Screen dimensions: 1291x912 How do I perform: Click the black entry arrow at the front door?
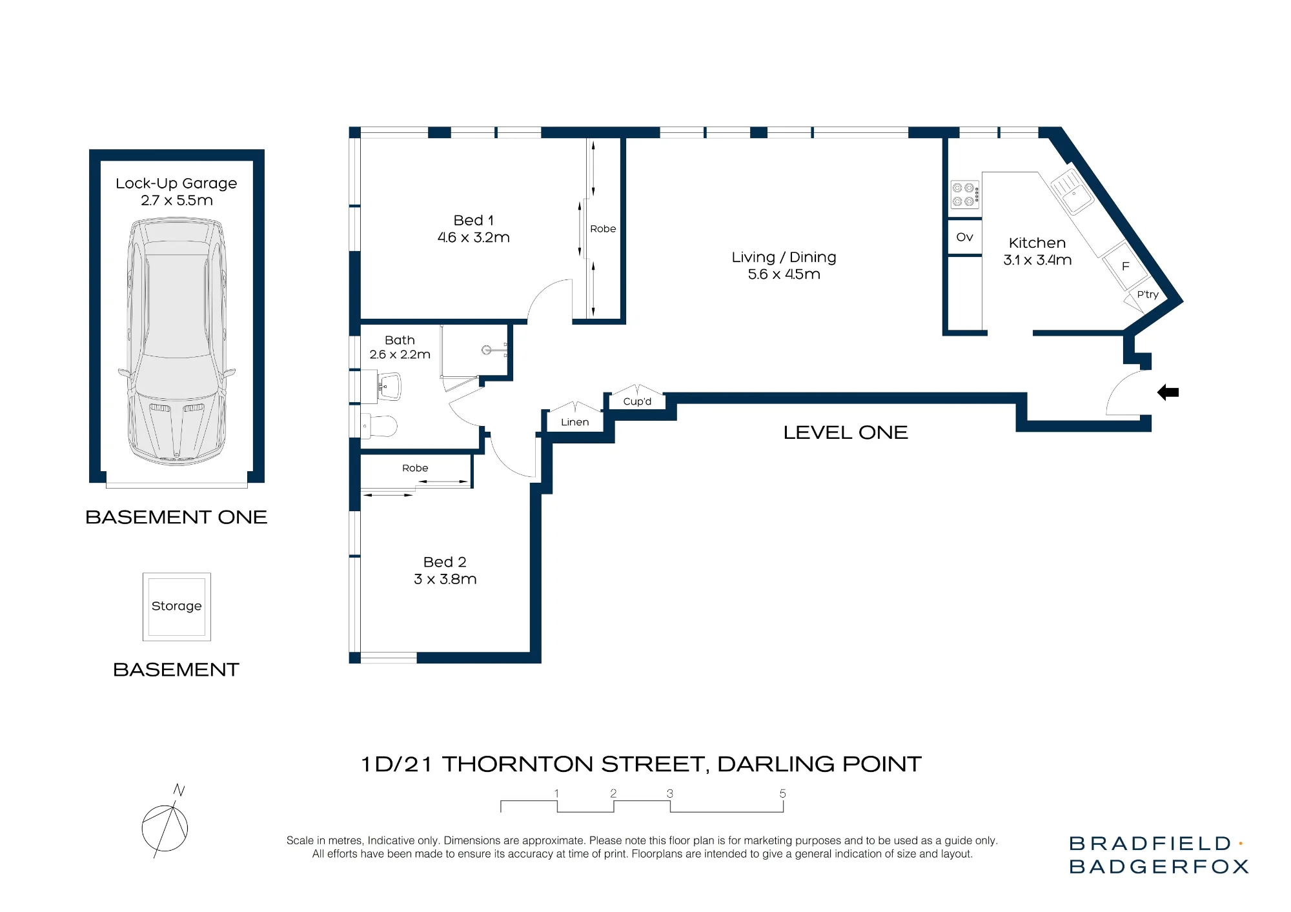1168,392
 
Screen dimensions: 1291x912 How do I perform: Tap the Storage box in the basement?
177,607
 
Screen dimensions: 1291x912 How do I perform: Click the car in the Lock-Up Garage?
177,341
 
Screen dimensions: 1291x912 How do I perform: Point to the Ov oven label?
964,237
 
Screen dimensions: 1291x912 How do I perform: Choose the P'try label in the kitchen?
1148,294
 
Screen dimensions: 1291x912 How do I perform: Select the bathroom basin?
389,387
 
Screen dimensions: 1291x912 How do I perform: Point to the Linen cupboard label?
574,422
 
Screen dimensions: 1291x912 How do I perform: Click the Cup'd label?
637,401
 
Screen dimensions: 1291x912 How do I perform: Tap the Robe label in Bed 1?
603,228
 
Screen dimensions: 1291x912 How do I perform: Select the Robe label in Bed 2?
415,468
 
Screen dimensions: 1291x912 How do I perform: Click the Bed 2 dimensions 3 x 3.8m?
445,579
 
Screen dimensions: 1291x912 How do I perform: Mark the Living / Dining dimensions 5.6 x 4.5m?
784,274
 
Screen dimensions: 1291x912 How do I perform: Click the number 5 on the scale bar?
782,793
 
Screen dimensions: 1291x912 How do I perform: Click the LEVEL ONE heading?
846,432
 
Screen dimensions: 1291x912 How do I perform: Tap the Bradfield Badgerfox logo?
1159,855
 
